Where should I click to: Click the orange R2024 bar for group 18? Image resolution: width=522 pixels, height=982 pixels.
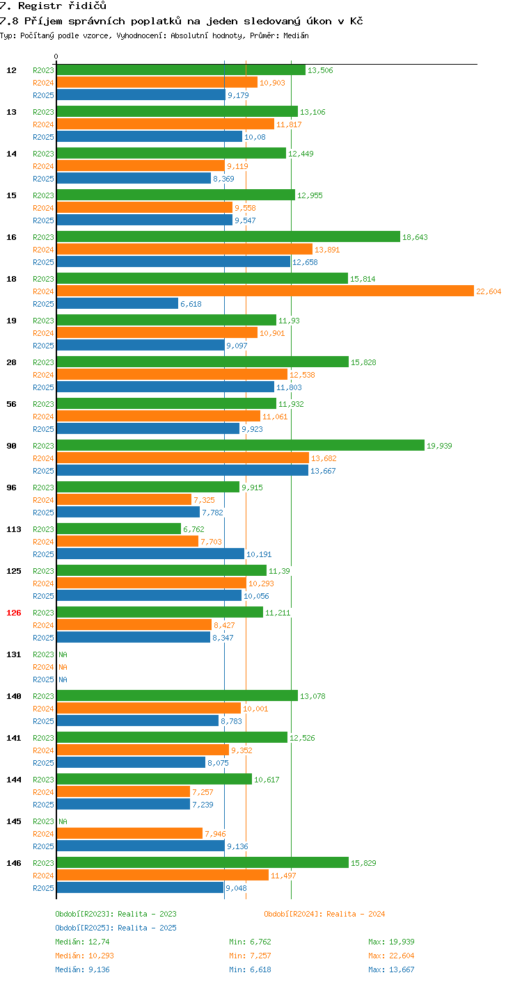pos(265,291)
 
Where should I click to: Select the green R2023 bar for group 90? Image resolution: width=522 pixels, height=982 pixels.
pos(241,445)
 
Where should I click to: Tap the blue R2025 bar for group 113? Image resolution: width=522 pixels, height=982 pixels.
pos(150,554)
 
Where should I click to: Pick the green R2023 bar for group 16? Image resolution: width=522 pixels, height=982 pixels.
pos(228,236)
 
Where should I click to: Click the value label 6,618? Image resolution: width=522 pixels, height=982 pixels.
pos(191,304)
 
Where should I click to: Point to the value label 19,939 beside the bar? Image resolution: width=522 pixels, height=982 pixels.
pos(439,446)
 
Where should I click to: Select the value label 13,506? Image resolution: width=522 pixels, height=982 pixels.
pos(320,70)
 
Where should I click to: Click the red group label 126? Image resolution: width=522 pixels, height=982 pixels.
pos(14,613)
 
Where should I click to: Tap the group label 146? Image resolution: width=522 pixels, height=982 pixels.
pos(14,863)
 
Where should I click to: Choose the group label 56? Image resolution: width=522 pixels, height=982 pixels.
pos(11,404)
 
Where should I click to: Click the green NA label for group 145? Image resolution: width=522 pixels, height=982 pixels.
pos(63,821)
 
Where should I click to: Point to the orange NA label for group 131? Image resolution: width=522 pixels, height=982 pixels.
pos(63,667)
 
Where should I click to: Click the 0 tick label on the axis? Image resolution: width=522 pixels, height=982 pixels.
pos(56,56)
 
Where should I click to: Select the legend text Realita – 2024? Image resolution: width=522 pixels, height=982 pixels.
pos(356,914)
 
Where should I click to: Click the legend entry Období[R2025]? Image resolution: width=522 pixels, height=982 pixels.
pos(85,928)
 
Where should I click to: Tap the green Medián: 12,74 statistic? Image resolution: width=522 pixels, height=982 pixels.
pos(82,942)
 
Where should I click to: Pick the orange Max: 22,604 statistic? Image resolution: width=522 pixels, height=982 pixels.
pos(391,956)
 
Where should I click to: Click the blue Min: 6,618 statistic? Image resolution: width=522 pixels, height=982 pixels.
pos(250,969)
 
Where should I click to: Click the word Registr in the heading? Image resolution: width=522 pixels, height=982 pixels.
pos(40,6)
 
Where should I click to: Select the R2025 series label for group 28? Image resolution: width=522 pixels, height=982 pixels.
pos(43,387)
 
